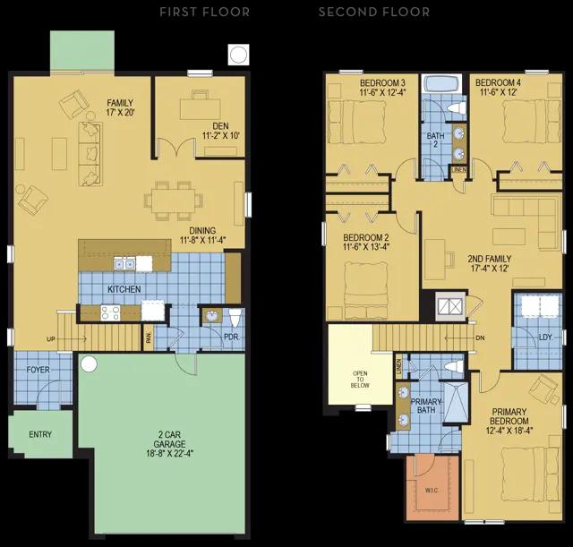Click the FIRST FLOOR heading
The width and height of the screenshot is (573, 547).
point(205,12)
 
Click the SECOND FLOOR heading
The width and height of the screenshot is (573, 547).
point(374,12)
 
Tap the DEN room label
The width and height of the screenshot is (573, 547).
point(221,126)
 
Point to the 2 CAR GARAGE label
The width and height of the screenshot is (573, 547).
point(169,440)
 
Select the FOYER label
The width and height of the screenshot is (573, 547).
point(38,370)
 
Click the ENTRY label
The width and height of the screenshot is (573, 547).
point(40,434)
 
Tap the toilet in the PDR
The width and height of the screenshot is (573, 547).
point(235,318)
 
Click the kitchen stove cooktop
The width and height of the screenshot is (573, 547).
point(110,313)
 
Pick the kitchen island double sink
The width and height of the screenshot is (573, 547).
point(124,263)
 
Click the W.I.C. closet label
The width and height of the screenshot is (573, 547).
point(432,490)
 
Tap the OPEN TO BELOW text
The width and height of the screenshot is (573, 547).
point(360,380)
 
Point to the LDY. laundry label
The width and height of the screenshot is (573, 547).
point(545,338)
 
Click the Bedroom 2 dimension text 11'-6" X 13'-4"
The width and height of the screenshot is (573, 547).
point(366,247)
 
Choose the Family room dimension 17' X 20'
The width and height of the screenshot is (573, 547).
point(121,112)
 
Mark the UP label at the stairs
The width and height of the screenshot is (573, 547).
point(51,339)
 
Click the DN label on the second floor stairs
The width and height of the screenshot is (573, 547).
point(480,338)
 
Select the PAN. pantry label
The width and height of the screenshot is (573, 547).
point(149,338)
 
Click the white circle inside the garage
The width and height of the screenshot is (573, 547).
point(89,364)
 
